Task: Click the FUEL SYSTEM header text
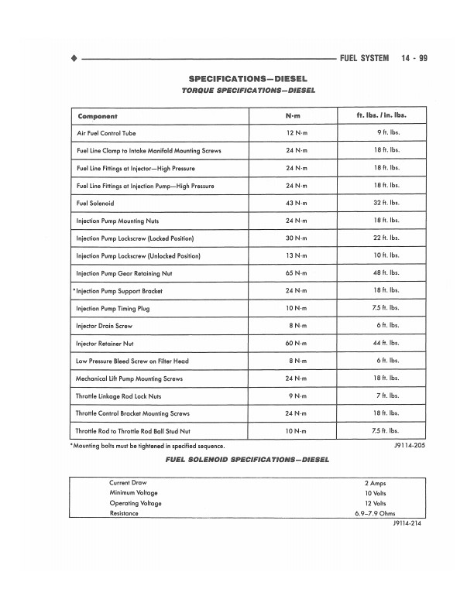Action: coord(364,58)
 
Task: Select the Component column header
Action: coord(97,116)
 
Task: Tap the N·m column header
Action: coord(296,116)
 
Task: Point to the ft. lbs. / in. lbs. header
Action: coord(382,116)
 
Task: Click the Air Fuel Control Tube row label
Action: coord(107,133)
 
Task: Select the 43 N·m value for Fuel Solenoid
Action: coord(296,203)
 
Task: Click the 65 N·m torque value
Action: coord(296,272)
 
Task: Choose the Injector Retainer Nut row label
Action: coord(108,343)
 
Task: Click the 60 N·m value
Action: coord(296,343)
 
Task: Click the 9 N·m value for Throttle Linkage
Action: coord(297,396)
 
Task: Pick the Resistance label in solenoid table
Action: coord(124,513)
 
